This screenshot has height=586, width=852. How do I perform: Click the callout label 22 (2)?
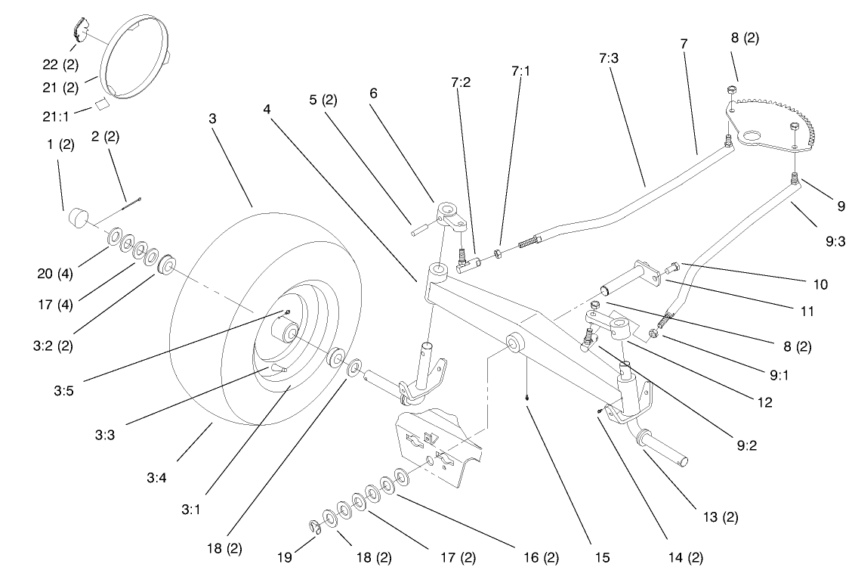[x=60, y=65]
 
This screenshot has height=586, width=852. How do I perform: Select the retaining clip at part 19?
[x=316, y=527]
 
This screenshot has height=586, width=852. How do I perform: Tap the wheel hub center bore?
[x=289, y=333]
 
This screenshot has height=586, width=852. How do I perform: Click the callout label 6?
[x=372, y=94]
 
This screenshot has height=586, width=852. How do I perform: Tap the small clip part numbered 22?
[x=79, y=31]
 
